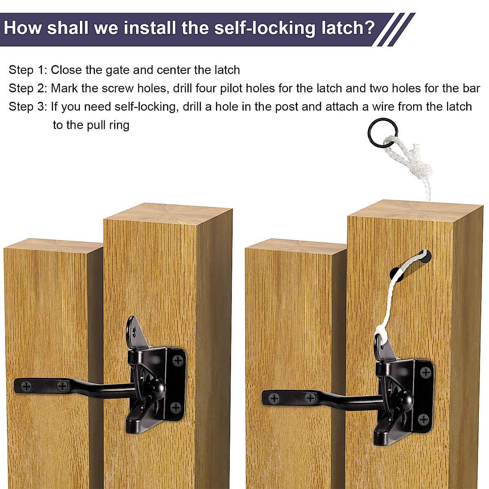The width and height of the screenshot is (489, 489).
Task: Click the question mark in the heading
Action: pos(369,28)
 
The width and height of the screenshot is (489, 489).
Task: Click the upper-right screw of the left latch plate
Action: pos(177,360)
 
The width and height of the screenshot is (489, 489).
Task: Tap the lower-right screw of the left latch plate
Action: pos(176,407)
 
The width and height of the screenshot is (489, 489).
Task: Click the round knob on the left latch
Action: pos(156,385)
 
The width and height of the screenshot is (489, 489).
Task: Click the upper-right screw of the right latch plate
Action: pos(425,372)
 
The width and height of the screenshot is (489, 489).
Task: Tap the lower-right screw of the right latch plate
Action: pos(423,419)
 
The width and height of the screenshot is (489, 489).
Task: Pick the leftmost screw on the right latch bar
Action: pos(274,398)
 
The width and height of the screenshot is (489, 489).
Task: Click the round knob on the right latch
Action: pos(404,396)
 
